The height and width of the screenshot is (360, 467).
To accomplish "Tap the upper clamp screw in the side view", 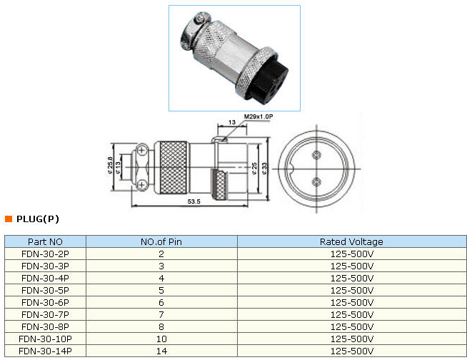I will click(x=141, y=150).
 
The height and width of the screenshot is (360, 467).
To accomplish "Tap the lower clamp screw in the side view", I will click(x=141, y=186).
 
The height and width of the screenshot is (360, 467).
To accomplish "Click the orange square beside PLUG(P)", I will click(x=9, y=219).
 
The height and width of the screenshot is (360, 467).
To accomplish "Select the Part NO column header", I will click(x=45, y=242).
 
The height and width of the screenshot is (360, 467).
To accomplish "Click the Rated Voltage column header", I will click(x=351, y=242).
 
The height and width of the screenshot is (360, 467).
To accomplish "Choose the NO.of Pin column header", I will click(x=161, y=242).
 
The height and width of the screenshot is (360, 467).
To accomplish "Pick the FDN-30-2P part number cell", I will click(x=45, y=254).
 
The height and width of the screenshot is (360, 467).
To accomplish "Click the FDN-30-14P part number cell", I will click(x=45, y=351).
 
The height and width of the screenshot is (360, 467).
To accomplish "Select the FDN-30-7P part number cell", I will click(x=45, y=314).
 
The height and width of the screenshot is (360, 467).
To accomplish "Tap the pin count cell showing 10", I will click(x=161, y=339).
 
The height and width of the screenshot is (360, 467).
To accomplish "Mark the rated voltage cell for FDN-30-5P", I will click(x=351, y=290).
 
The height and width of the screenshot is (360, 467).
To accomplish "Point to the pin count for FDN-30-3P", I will click(x=161, y=266).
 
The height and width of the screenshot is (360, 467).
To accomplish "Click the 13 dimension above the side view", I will click(x=231, y=122).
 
